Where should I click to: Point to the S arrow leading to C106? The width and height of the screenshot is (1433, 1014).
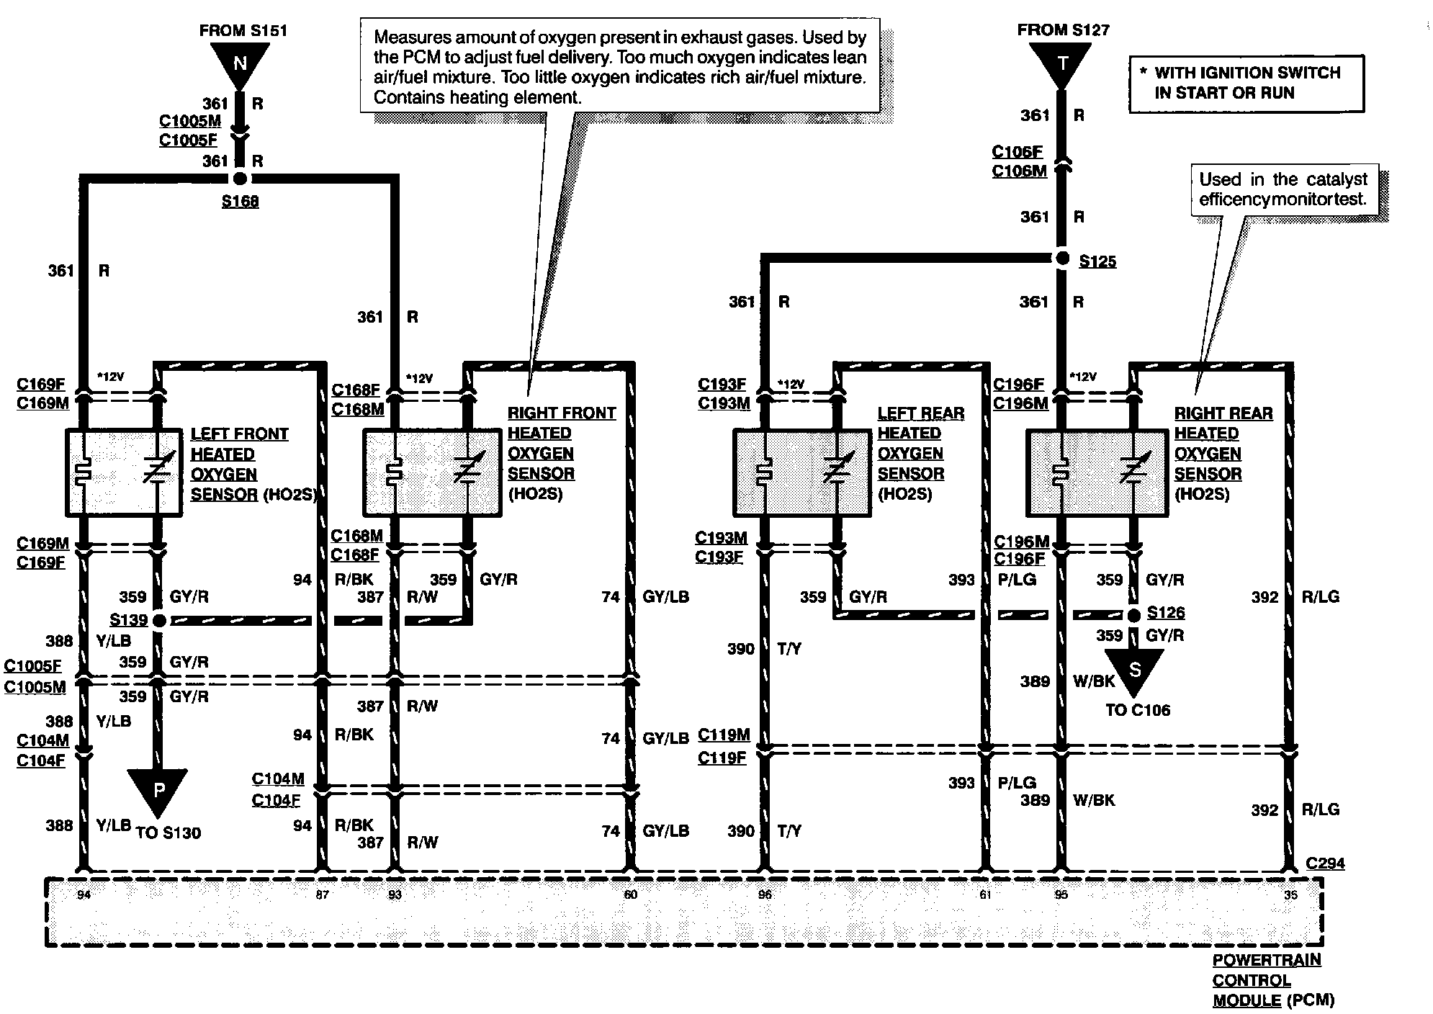(1134, 670)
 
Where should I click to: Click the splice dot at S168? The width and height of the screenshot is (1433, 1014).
(240, 179)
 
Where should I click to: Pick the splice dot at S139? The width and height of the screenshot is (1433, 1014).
(159, 620)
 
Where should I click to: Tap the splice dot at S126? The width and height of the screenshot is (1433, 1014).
(1134, 615)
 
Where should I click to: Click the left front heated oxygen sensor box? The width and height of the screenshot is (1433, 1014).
(123, 472)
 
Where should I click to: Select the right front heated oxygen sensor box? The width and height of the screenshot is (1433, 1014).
(432, 472)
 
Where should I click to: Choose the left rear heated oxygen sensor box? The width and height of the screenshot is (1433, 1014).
(802, 472)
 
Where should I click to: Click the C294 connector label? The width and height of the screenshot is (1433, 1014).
(1324, 863)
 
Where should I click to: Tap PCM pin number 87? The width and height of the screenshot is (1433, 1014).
(322, 895)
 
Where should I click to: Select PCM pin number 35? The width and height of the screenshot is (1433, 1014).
(1290, 895)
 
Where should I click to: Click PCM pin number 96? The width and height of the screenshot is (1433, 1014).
(765, 895)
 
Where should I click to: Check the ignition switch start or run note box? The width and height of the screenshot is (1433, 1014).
(1246, 84)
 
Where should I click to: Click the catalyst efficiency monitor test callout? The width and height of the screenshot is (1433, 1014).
(1282, 189)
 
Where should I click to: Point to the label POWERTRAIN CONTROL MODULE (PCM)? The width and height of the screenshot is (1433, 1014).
(1272, 980)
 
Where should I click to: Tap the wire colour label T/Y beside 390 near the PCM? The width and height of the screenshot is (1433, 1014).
(789, 831)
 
